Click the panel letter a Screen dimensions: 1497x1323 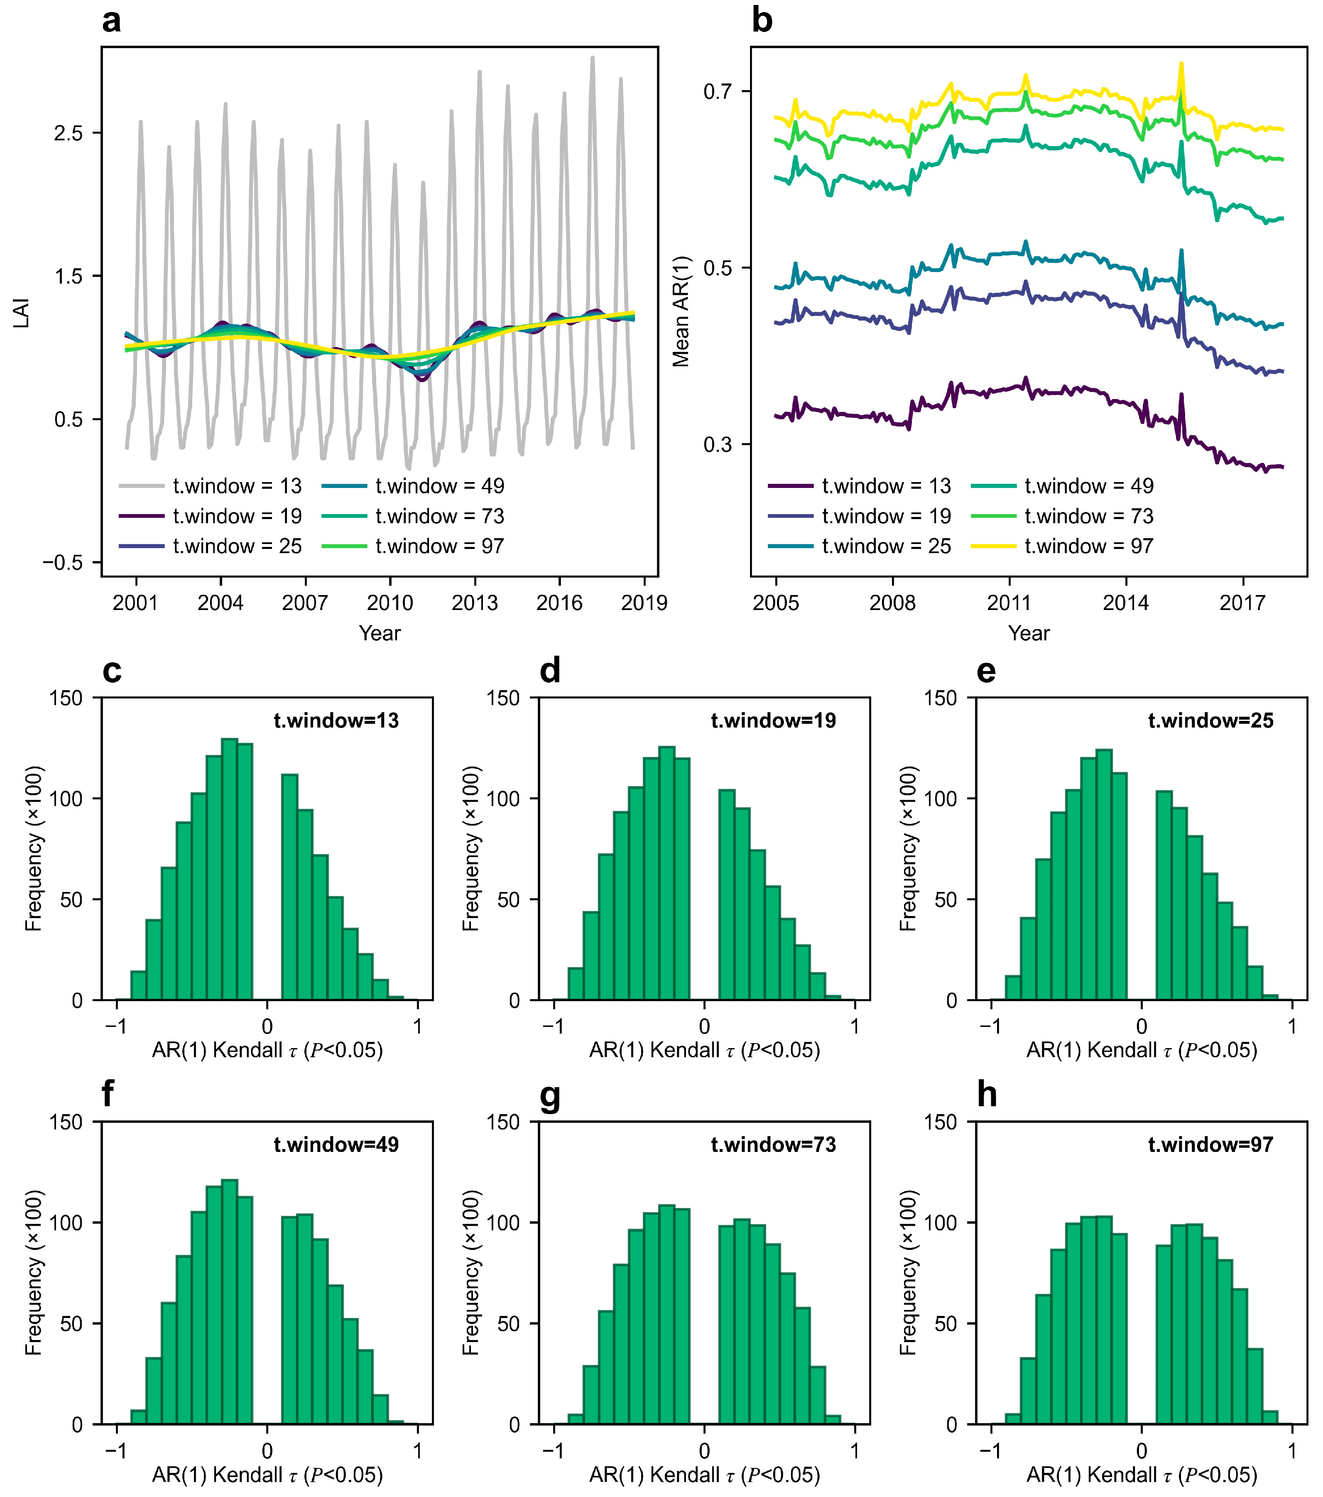[x=111, y=20]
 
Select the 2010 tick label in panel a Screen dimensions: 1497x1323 [x=390, y=603]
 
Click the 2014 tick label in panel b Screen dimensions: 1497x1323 [x=1126, y=603]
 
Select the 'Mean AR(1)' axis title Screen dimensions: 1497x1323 [x=681, y=311]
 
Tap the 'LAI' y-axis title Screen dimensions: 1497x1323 [x=22, y=313]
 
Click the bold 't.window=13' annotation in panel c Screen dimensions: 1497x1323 [x=336, y=720]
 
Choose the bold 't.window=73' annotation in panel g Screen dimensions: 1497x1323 [x=774, y=1145]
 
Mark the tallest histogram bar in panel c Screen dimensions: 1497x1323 [x=229, y=870]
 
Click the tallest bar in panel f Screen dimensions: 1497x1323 [x=229, y=1301]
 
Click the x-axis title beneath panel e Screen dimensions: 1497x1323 [x=1141, y=1050]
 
